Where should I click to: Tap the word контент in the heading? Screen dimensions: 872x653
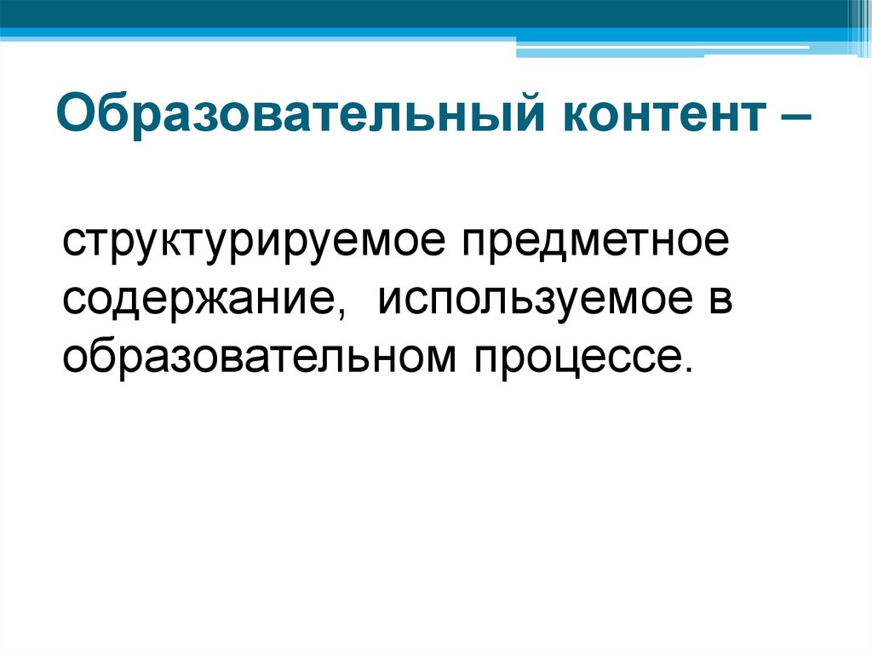pos(665,117)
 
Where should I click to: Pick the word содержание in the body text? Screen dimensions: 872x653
pos(199,301)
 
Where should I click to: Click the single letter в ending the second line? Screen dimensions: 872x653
pos(720,300)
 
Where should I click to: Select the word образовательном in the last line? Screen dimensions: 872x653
pos(259,356)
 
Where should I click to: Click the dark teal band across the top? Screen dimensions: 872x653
pos(422,13)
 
